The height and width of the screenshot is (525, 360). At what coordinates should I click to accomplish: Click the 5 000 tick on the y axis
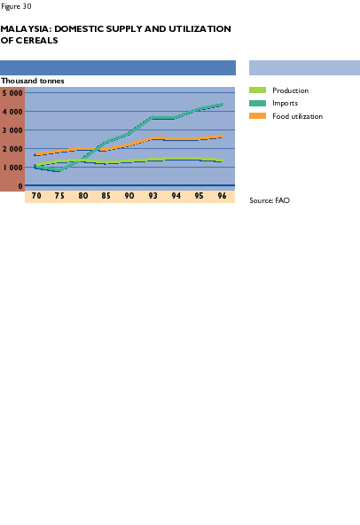pos(12,93)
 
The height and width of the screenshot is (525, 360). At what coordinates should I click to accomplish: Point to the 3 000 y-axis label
pos(12,130)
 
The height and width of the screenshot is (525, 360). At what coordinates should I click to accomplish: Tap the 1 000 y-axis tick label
pos(12,168)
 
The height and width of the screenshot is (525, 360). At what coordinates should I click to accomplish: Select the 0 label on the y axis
pos(20,186)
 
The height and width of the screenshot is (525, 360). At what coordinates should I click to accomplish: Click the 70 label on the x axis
pos(36,196)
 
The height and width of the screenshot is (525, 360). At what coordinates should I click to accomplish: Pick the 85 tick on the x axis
pos(106,196)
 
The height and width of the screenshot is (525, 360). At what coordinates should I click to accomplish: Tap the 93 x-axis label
pos(153,196)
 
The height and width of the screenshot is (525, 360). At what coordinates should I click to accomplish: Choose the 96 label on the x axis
pos(222,196)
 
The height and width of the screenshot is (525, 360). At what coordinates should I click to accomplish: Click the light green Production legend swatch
pos(257,90)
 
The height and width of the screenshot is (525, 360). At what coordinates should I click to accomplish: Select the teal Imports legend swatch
pos(257,103)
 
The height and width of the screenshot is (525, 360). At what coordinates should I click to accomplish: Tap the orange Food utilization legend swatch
pos(257,116)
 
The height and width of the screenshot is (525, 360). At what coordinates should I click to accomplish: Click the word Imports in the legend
pos(285,103)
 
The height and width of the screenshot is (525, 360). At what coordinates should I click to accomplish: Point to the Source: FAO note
pos(270,200)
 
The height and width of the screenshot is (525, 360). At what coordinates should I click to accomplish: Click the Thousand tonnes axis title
pos(33,81)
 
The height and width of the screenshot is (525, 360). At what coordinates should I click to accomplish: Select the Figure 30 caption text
pos(16,6)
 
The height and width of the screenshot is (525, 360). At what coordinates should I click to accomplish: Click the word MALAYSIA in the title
pos(26,28)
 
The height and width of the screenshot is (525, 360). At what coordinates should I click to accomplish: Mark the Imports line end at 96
pos(223,105)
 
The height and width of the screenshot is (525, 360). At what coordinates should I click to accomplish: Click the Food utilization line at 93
pos(153,138)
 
